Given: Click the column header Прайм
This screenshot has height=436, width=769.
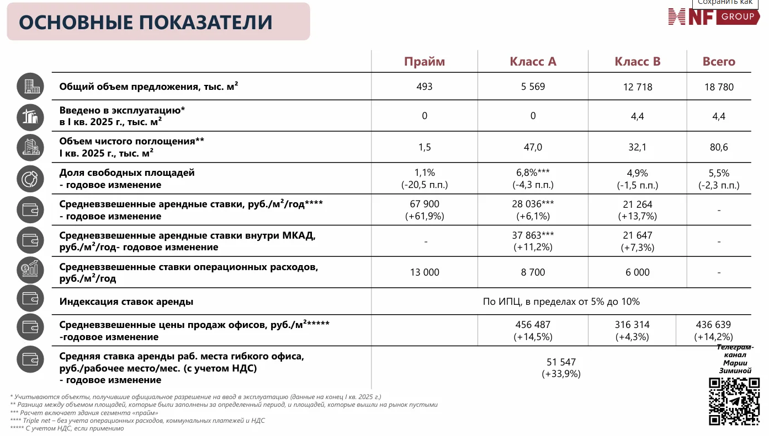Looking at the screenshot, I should pos(424,62).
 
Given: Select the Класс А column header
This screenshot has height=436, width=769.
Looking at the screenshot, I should pos(533,62).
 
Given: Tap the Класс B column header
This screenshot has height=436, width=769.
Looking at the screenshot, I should pos(638,62).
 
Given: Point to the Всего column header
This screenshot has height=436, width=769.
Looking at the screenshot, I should pos(719,62).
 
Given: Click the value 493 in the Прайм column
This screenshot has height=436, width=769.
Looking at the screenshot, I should pos(425,87).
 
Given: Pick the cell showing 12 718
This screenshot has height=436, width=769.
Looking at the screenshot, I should pos(638,87).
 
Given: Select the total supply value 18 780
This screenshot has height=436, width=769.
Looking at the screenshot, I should pos(719,87).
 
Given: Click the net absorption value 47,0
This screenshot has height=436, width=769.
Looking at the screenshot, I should pos(533,147).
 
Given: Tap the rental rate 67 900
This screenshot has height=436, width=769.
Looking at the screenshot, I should pos(425,204).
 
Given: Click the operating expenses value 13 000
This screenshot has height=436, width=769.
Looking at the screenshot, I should pos(425,272).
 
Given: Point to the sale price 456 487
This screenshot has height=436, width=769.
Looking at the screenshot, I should pos(533,325).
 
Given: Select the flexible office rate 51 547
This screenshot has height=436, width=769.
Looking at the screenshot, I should pos(561,362).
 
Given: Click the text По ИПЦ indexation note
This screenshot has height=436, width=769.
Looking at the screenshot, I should pos(561,302).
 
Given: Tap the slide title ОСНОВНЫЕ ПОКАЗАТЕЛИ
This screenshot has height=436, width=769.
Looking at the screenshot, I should pos(146,23).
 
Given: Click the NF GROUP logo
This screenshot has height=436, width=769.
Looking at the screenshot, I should pos(713,17).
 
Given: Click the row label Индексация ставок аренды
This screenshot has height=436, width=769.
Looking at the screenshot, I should pos(126,302).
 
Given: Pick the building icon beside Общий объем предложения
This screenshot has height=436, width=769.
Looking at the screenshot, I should pos(30,87).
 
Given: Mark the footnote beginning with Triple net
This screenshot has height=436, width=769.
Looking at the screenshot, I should pos(137,421).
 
